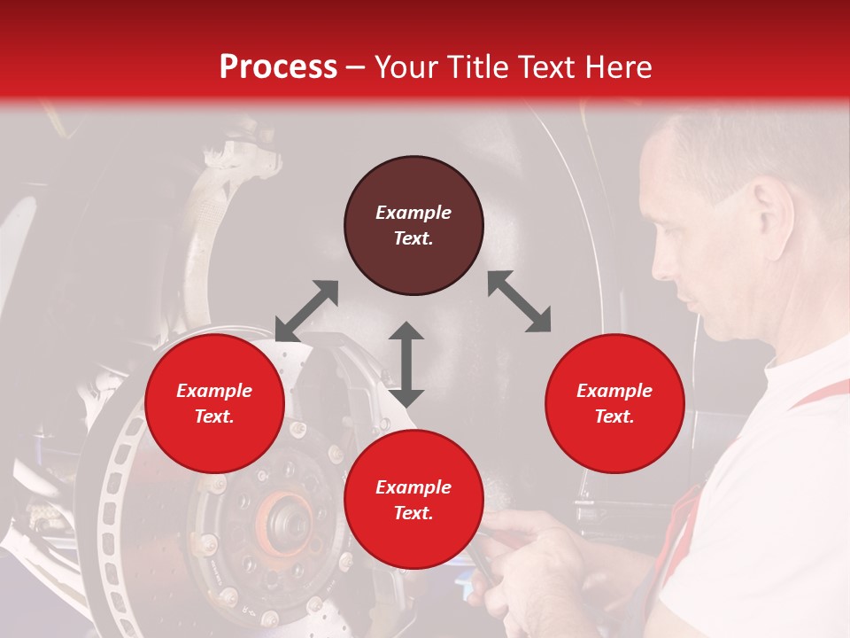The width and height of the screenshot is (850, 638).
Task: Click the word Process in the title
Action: click(x=278, y=67)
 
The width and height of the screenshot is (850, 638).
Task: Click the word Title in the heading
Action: click(x=478, y=67)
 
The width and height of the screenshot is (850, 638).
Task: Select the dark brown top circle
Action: click(x=413, y=226)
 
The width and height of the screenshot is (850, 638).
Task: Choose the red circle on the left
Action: click(x=214, y=403)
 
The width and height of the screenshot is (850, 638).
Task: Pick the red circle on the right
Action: click(x=614, y=403)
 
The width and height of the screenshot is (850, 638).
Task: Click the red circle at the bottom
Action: click(x=413, y=500)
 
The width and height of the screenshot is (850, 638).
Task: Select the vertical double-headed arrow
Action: click(x=406, y=364)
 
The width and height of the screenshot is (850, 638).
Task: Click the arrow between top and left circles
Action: click(x=306, y=310)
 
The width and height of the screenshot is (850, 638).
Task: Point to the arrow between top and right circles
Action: click(x=519, y=301)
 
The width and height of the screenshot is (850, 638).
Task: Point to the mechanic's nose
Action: click(x=658, y=265)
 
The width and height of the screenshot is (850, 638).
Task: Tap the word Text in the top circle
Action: click(x=413, y=238)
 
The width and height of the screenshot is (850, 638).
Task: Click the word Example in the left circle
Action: click(x=214, y=391)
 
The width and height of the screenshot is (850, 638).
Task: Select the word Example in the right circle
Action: click(x=614, y=391)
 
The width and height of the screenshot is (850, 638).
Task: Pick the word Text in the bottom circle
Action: click(x=413, y=513)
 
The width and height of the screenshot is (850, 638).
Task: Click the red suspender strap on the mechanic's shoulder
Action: click(x=819, y=393)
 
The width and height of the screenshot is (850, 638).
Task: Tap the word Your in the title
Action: click(x=405, y=67)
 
